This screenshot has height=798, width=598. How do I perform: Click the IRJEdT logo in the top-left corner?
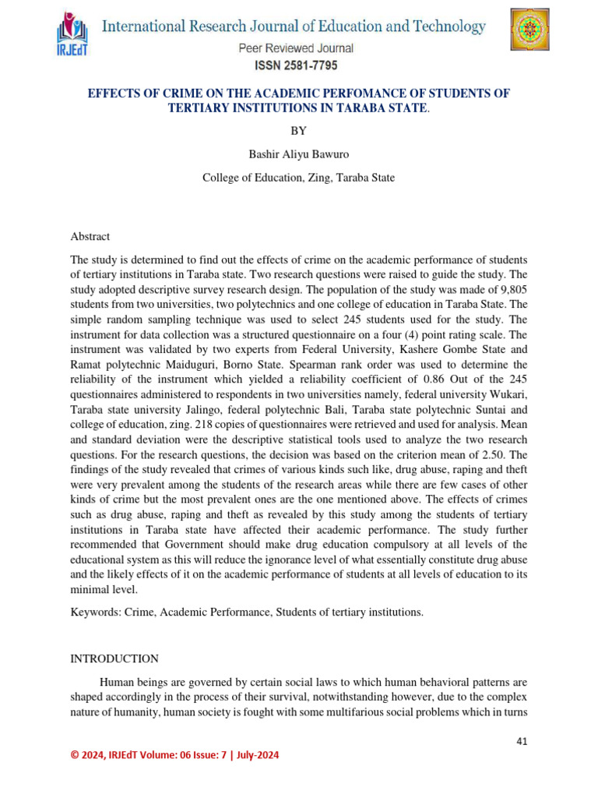tap(74, 35)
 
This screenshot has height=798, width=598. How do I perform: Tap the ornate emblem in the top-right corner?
tap(529, 33)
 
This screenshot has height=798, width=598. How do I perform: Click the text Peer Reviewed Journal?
tap(296, 48)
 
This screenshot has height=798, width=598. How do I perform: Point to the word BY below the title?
tap(298, 131)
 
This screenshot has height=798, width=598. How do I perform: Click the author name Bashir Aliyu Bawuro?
tap(298, 154)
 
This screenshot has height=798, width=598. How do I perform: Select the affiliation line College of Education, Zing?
tap(298, 178)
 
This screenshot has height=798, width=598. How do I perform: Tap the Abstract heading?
tap(90, 236)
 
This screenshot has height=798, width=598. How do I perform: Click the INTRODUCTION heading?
tap(114, 659)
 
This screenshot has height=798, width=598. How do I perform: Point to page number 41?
tap(522, 741)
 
